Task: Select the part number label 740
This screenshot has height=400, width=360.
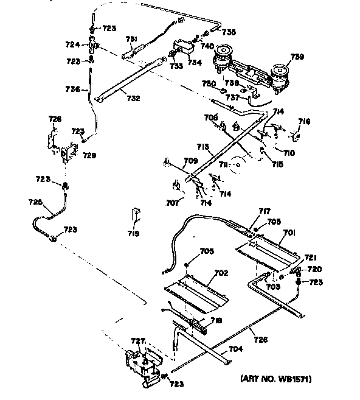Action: coord(207,46)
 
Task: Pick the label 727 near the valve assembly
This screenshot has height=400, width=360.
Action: coord(139,342)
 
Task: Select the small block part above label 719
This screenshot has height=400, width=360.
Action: coord(134,216)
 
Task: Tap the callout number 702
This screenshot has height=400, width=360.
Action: coord(221,273)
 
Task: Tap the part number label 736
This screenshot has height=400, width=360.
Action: coord(73,89)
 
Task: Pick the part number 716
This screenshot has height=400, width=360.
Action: coord(303,122)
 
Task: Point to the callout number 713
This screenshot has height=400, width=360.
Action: coord(202,147)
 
